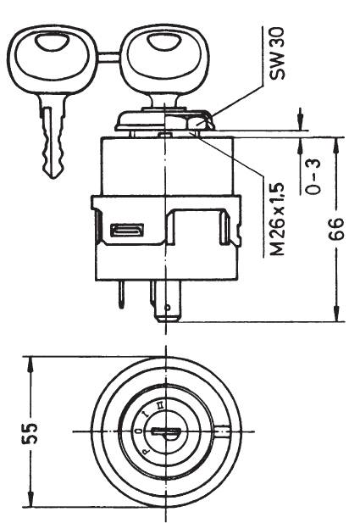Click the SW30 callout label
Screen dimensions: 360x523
(277, 53)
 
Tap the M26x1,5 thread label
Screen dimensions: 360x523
(277, 219)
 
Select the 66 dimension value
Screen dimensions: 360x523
(335, 229)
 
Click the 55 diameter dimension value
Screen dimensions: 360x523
(30, 434)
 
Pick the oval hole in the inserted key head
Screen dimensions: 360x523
(164, 42)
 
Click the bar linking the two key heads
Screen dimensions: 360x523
(109, 58)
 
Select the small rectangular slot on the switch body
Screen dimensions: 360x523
(127, 231)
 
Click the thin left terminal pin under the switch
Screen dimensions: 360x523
(122, 294)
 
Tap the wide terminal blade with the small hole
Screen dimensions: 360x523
(168, 301)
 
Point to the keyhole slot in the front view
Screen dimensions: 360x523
(166, 432)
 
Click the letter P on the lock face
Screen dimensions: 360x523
(147, 453)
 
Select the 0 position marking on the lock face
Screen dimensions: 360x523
(139, 431)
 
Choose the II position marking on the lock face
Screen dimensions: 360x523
(160, 405)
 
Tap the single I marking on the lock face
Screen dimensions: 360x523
(146, 415)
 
